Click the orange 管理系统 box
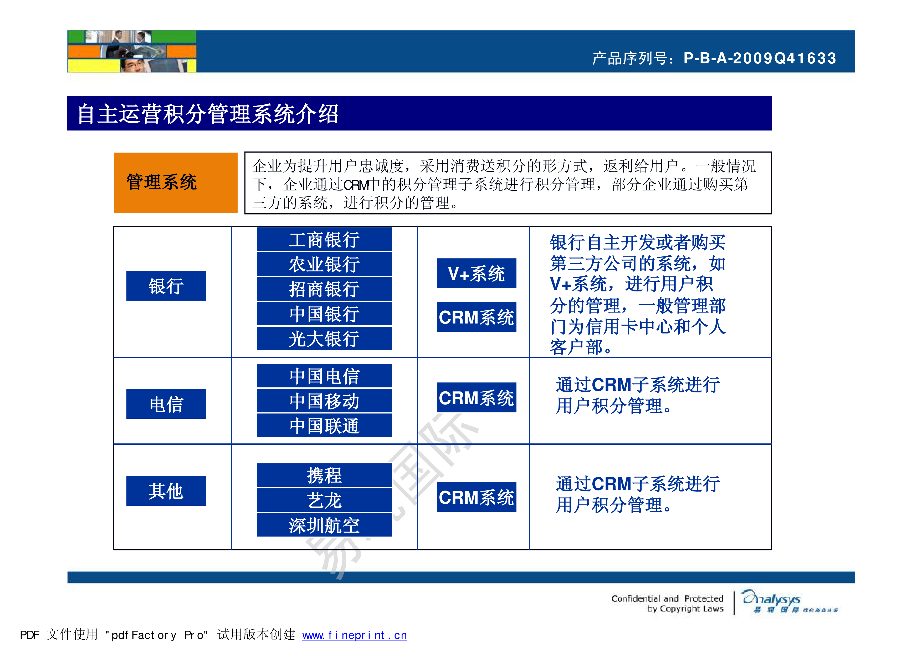[x=176, y=183]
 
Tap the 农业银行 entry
[x=324, y=264]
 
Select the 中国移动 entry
[x=324, y=401]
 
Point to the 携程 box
[x=324, y=475]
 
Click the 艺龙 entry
[x=324, y=500]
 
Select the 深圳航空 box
[x=324, y=525]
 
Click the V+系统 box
[x=476, y=274]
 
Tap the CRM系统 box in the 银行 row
[x=476, y=317]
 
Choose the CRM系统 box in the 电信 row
[x=476, y=398]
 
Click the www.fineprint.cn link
[x=354, y=635]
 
